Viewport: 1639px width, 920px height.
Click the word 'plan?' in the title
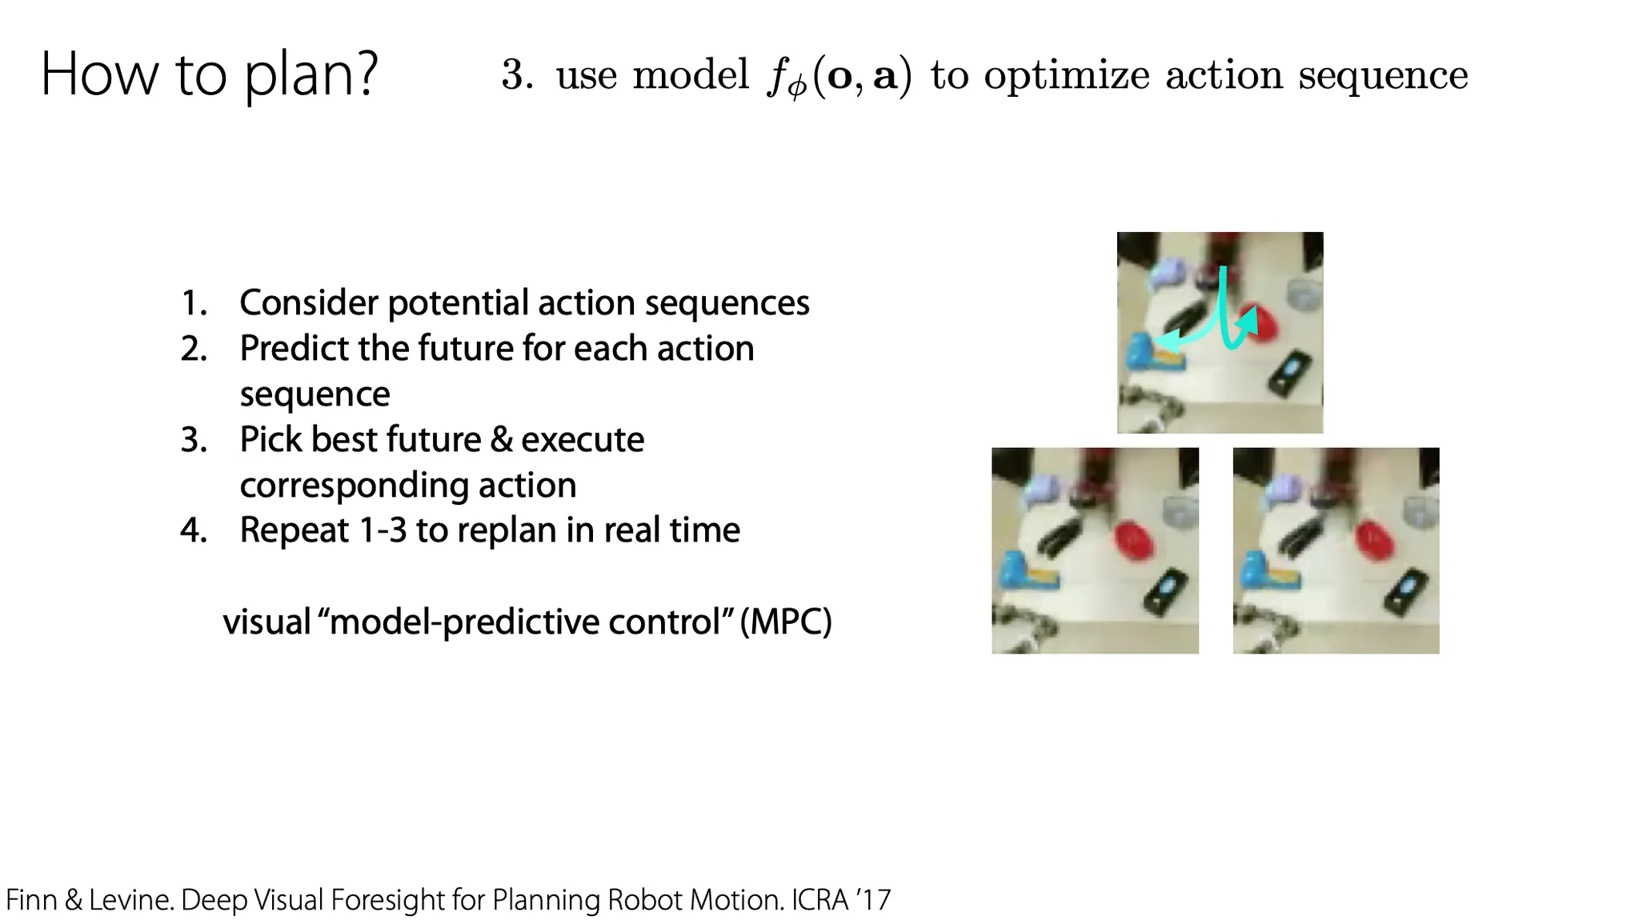pos(311,76)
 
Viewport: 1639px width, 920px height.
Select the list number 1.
pos(194,303)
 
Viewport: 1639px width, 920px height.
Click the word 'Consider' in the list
pos(308,302)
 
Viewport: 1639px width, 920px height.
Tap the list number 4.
pos(194,530)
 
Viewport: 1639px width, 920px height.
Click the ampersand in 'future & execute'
pos(502,439)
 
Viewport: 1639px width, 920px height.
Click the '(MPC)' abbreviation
pos(786,622)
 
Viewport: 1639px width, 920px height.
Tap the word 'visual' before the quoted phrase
pos(266,622)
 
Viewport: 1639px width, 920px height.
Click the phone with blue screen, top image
pos(1290,373)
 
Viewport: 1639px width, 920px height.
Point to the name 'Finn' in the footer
pos(31,900)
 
